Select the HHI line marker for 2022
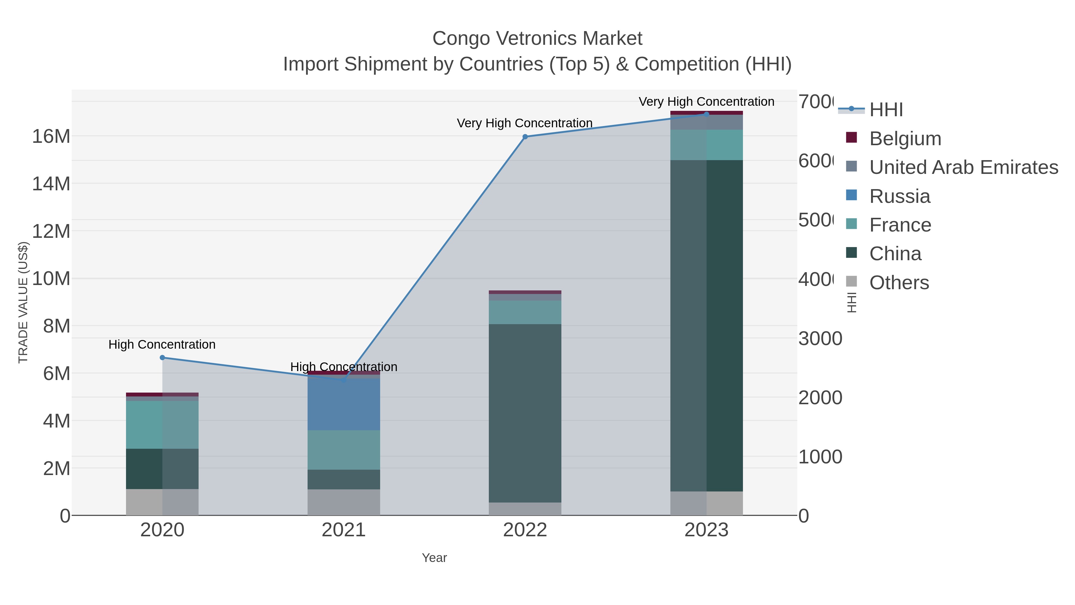click(x=525, y=137)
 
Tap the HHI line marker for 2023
click(x=706, y=114)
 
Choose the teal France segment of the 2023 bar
click(x=706, y=145)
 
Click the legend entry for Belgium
click(x=905, y=139)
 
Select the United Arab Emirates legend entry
click(x=963, y=167)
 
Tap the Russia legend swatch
click(x=851, y=195)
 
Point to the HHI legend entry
click(x=886, y=110)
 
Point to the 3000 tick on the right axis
click(x=820, y=339)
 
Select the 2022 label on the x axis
click(x=525, y=530)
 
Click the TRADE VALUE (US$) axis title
click(x=23, y=302)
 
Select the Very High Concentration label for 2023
click(x=706, y=102)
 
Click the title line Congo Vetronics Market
click(x=537, y=39)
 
